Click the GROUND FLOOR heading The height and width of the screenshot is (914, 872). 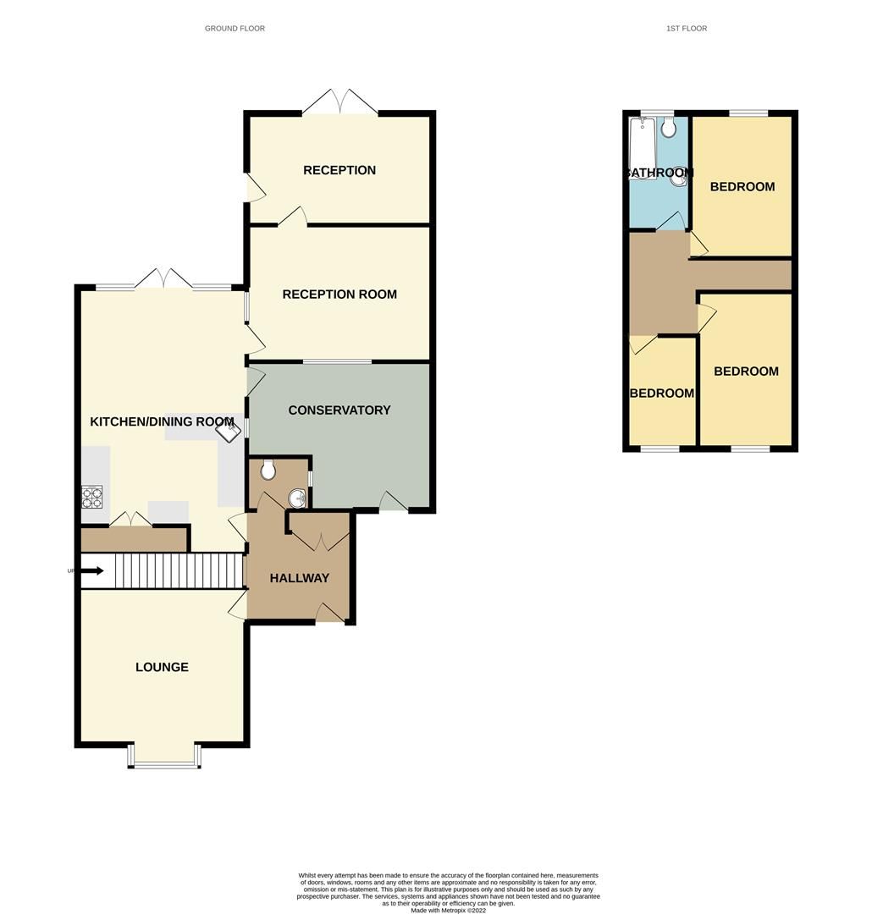click(235, 29)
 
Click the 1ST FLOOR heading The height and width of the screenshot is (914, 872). click(687, 29)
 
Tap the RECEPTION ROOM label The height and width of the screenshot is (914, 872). click(339, 295)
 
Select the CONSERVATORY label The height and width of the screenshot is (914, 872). click(339, 410)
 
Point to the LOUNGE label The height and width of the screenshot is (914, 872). click(162, 668)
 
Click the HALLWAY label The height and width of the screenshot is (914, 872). click(299, 579)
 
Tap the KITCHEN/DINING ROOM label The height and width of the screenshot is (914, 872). click(162, 421)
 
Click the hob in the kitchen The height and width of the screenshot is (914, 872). click(91, 497)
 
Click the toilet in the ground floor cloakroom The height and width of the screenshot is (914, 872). click(268, 468)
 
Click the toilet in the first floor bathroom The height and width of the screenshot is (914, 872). click(669, 128)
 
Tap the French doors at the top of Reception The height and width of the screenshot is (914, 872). click(339, 104)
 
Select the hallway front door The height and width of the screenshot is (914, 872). click(329, 614)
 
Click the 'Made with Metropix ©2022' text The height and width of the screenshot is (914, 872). click(449, 911)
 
